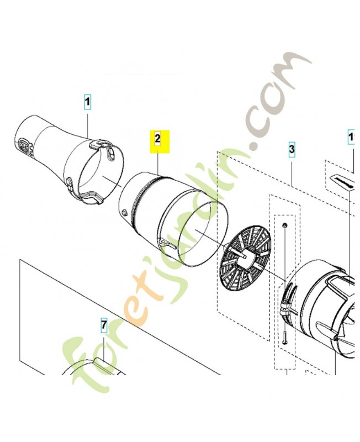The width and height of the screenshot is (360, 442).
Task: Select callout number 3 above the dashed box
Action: pos(292,149)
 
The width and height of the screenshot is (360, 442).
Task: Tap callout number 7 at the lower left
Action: pos(103,325)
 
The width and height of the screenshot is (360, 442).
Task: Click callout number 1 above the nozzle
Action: pos(87,102)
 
